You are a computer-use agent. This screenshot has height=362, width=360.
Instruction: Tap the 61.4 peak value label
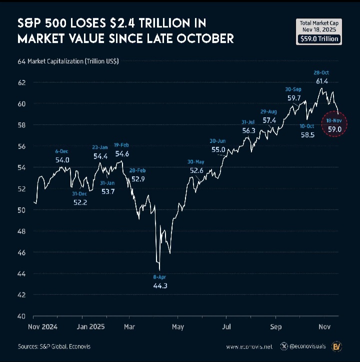click(x=322, y=81)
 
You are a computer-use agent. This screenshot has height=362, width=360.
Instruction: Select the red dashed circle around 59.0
click(x=334, y=125)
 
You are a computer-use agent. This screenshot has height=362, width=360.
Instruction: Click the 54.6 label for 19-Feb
click(x=122, y=154)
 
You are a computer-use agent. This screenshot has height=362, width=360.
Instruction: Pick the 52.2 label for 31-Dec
click(x=80, y=202)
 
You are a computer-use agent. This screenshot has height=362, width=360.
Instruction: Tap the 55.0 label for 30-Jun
click(x=218, y=150)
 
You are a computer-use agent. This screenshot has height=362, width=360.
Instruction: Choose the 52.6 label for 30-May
click(x=196, y=171)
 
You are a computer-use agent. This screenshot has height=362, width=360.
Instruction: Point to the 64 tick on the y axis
click(x=21, y=61)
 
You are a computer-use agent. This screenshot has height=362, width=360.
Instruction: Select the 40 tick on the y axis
click(x=21, y=316)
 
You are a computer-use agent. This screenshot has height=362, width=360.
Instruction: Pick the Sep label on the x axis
click(x=276, y=327)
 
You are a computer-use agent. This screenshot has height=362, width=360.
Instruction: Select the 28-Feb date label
click(x=137, y=170)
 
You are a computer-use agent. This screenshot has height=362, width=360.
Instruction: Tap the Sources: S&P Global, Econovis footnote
click(x=54, y=346)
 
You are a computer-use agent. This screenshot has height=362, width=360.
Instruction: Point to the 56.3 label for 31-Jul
click(x=248, y=130)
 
